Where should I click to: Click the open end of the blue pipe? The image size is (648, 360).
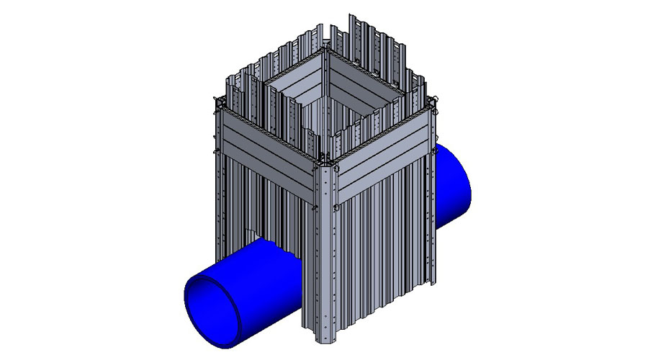[212, 303]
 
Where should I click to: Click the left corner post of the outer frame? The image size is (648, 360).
[219, 173]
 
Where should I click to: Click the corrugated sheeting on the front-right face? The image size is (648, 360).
[382, 245]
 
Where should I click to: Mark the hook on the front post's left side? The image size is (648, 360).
[316, 209]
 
